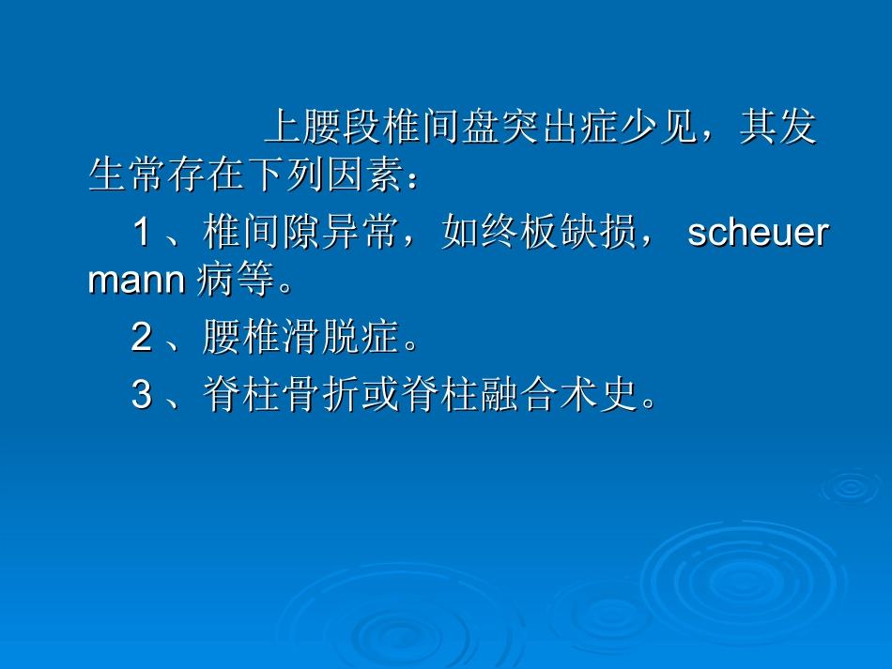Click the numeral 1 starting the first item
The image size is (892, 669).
[x=142, y=233]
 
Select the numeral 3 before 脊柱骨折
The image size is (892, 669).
[x=142, y=396]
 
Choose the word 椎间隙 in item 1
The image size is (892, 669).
[x=260, y=233]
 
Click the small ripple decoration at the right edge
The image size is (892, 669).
[x=850, y=485]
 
